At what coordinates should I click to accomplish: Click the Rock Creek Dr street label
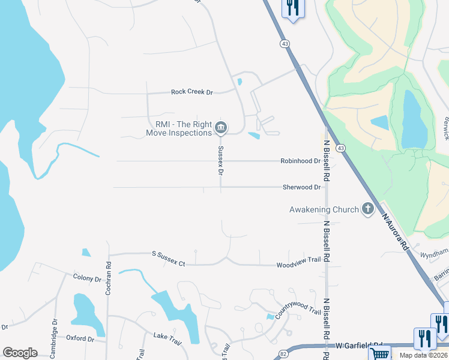coord(192,92)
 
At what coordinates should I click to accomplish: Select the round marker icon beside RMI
coord(221,127)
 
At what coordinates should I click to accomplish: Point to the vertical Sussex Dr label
coord(221,160)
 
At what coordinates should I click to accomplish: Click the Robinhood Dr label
coord(300,161)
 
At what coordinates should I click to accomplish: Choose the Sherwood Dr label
coord(301,187)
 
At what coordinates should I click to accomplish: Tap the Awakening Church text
coord(324,209)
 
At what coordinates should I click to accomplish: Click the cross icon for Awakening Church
coord(367,209)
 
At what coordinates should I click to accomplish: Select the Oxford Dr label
coord(80,339)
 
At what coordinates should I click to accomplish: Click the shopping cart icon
coord(379,354)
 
